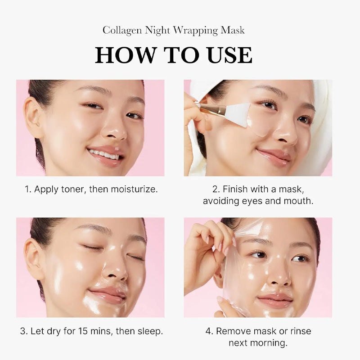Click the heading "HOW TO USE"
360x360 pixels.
point(174,55)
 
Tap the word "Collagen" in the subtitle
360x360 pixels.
point(121,31)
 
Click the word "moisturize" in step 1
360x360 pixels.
point(134,189)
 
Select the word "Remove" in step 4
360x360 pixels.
point(234,331)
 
